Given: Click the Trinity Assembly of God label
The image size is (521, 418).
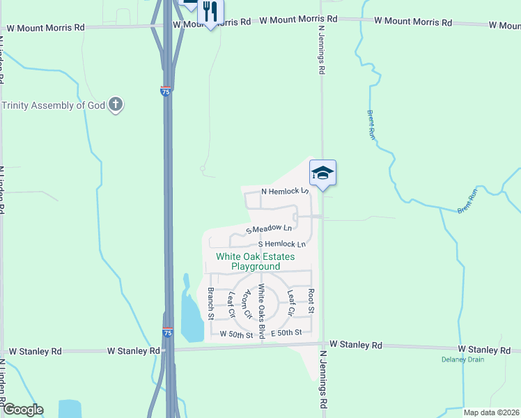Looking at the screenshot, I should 54,105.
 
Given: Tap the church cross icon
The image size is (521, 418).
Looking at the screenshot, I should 116,105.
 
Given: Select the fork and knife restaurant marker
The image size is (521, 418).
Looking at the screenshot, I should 210,12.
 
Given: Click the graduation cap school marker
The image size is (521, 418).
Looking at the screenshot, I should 322,172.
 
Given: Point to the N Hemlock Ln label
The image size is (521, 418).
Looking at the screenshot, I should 284,191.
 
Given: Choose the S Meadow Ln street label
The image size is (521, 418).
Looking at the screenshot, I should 268,229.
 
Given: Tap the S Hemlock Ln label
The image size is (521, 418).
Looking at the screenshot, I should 282,245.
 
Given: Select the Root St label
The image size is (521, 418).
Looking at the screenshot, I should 311,300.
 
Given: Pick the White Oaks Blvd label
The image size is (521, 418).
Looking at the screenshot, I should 262,311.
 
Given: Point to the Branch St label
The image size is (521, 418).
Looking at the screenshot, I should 210,304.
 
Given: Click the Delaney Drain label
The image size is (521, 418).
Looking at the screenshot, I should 462,359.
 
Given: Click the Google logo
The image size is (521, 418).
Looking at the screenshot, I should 22,410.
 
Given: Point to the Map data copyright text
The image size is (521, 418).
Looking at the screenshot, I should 490,412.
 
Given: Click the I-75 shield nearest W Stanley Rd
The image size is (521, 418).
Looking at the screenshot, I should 167,332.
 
